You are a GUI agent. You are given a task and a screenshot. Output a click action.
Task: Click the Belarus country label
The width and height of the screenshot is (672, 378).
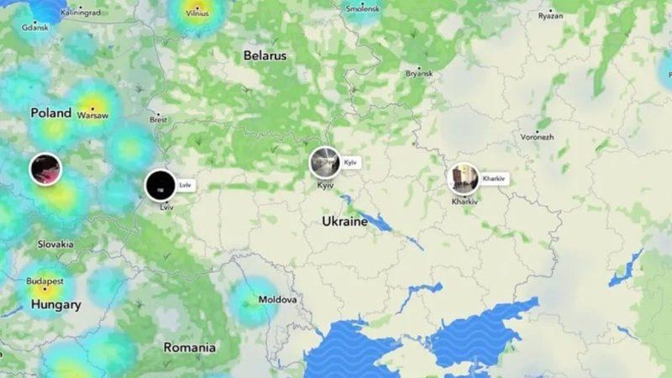pos(265,55)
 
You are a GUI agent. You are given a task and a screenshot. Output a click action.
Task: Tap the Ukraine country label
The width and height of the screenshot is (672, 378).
pos(344,222)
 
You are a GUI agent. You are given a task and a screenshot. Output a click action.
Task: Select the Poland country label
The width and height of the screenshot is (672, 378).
pos(50,113)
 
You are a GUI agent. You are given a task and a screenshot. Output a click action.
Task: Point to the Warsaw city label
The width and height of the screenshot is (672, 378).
pos(92,116)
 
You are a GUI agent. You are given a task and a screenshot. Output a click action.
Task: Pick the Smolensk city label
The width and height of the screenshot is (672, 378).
pos(363,8)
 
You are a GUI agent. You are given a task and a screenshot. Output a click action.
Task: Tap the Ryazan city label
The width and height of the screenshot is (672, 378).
pos(550,15)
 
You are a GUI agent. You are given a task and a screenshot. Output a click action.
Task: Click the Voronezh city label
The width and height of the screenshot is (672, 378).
pos(537,135)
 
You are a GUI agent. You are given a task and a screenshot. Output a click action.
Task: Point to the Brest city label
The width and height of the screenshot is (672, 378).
pos(158,119)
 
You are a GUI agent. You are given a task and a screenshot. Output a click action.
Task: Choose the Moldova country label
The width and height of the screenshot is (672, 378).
pos(277,299)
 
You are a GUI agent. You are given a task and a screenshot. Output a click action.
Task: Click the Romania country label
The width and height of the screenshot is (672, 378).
pos(189,347)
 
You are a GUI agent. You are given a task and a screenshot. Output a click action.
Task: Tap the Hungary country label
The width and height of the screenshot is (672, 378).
pos(55,305)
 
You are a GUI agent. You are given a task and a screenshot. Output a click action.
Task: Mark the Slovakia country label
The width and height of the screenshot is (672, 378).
pos(55,244)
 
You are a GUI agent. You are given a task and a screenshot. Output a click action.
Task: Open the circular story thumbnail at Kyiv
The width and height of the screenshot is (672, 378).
pos(325,162)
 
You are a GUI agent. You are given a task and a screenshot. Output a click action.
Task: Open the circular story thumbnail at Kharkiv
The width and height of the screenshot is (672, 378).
pos(464,179)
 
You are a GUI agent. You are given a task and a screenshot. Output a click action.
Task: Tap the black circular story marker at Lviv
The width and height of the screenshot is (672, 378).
pos(160,185)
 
